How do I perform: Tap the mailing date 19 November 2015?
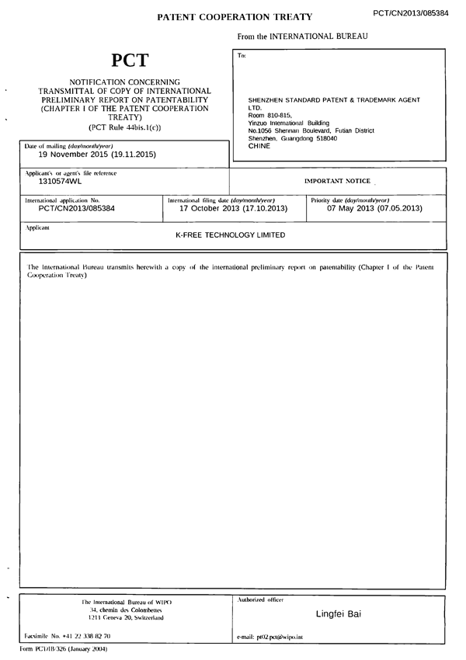92,155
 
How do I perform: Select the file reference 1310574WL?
60,181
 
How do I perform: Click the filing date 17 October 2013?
233,208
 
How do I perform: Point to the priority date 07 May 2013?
374,208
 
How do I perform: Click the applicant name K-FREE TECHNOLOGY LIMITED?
231,235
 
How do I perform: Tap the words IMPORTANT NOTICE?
338,180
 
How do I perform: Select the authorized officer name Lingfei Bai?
338,614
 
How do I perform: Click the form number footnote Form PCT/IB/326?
63,648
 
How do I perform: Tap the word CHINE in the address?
259,145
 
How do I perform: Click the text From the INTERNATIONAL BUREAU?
302,36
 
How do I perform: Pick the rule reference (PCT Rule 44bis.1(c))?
125,127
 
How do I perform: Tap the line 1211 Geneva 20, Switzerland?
126,617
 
